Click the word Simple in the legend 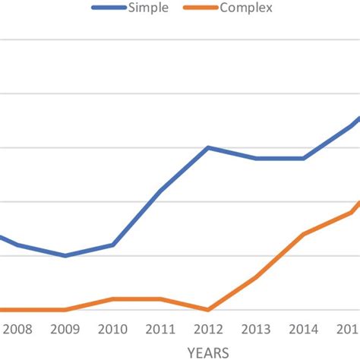149,8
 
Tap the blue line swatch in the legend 108,8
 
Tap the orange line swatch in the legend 200,8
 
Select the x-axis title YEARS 207,352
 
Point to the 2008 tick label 17,330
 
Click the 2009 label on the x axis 65,330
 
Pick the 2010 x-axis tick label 112,330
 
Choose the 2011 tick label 160,330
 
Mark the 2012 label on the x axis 208,330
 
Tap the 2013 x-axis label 256,330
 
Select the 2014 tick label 304,330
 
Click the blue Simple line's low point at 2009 65,256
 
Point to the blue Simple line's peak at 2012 208,147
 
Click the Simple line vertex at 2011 160,191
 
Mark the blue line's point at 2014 304,158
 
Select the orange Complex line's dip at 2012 208,310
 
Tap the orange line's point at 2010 112,299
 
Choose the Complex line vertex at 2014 304,234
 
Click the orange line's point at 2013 256,277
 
